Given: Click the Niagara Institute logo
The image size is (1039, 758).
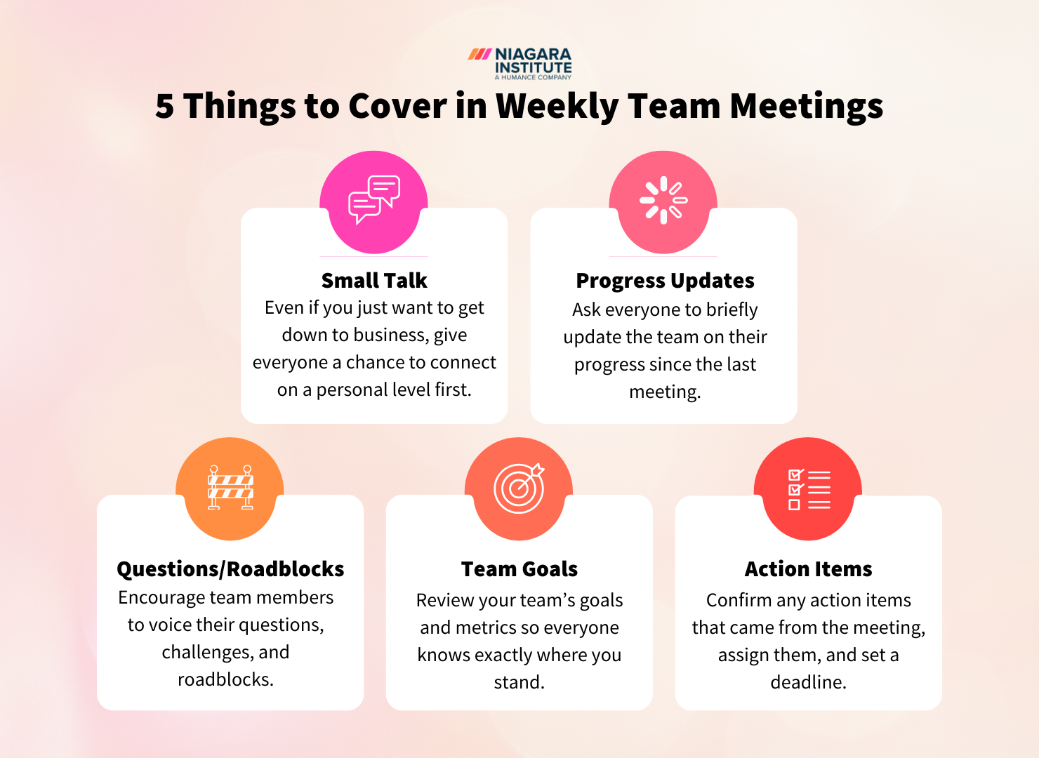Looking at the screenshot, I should [520, 63].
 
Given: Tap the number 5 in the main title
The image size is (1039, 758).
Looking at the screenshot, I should [165, 107].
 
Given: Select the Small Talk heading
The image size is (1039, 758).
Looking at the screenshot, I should [374, 281].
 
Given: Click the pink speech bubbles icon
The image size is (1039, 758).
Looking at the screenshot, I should [374, 200].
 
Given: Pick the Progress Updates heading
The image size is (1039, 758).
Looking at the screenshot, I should [665, 281].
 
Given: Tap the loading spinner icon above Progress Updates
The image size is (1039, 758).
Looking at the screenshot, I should [663, 200].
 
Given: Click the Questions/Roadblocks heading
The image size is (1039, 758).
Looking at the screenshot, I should [230, 568].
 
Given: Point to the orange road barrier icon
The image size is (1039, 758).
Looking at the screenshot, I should [230, 488].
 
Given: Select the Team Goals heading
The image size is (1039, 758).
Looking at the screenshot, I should [519, 568].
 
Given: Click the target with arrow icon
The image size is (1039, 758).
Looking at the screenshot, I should [519, 488].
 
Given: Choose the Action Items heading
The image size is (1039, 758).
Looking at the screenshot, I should [808, 568].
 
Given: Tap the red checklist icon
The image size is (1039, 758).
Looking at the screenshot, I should [809, 489].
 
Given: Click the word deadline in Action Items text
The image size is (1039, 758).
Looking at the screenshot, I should [807, 682].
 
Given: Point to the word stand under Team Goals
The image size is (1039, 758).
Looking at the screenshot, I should [517, 682].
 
